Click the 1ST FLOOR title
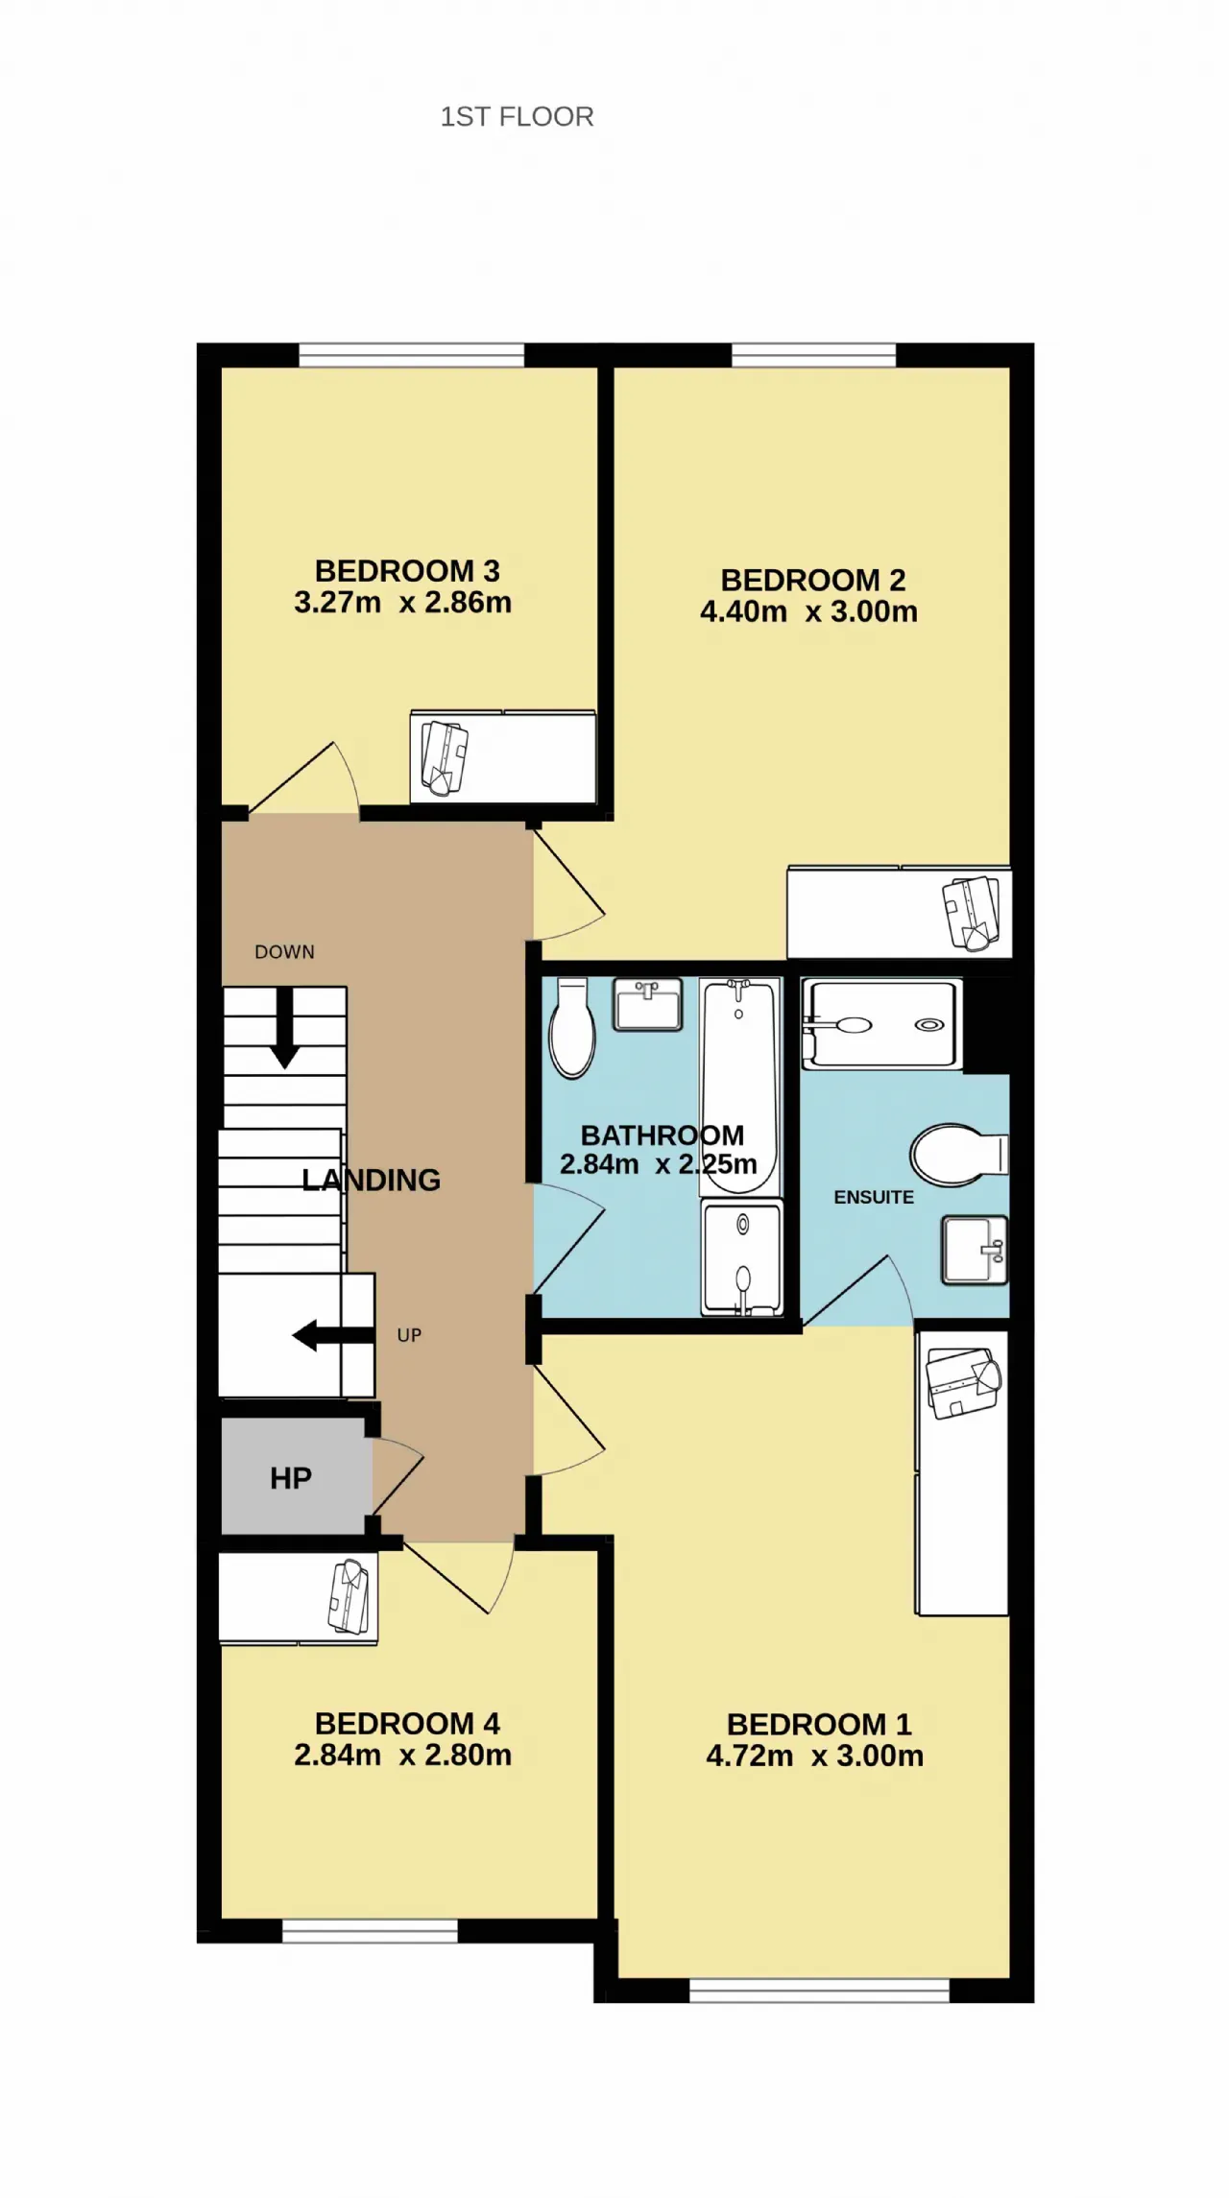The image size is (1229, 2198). tap(517, 117)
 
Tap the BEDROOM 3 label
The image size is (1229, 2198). tap(407, 571)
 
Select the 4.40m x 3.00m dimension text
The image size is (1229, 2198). tap(808, 611)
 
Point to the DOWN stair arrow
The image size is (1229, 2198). tap(284, 1027)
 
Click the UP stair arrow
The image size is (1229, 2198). tap(333, 1335)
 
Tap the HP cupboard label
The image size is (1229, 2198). tap(291, 1478)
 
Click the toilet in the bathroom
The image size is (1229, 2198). tap(572, 1027)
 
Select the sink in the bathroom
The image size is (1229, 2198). tap(648, 1004)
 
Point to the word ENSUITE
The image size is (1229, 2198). tap(874, 1197)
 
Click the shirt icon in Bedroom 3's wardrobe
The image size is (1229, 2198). tap(445, 758)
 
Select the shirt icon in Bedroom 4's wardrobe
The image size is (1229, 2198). tap(349, 1596)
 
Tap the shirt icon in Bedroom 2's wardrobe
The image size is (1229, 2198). tap(972, 913)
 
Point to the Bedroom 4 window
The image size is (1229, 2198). tap(370, 1930)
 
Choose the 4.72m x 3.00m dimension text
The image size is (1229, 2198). tap(815, 1756)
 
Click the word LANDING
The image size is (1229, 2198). tap(372, 1180)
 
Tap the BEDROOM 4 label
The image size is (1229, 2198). tap(407, 1724)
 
